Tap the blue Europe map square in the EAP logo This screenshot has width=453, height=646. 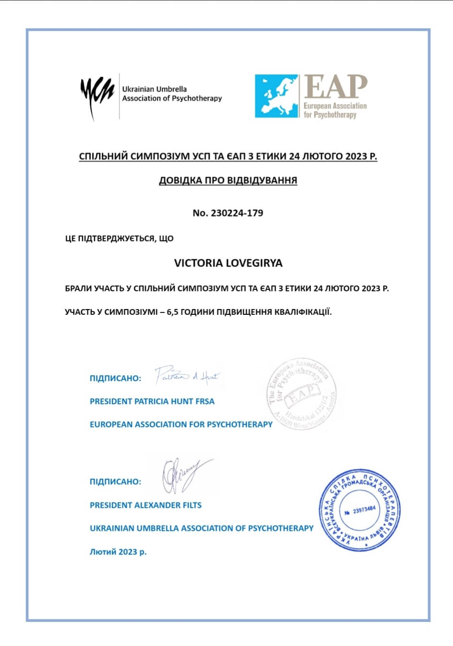point(276,96)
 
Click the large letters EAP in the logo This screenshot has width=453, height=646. point(335,87)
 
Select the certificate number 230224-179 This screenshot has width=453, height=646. point(237,213)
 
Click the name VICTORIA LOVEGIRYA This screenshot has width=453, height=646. point(228,263)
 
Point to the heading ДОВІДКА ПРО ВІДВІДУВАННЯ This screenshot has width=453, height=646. point(228,180)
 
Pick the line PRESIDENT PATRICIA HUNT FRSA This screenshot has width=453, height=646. point(152,401)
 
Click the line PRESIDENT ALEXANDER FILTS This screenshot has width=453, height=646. point(145,505)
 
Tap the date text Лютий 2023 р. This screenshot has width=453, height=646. point(118,552)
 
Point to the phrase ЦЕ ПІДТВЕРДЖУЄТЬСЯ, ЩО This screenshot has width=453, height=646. point(119,239)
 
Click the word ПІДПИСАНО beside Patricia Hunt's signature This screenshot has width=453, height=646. point(115,378)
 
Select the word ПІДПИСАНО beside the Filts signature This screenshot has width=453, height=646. point(115,481)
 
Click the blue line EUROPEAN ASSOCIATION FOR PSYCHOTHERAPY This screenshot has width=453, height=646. point(181,424)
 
